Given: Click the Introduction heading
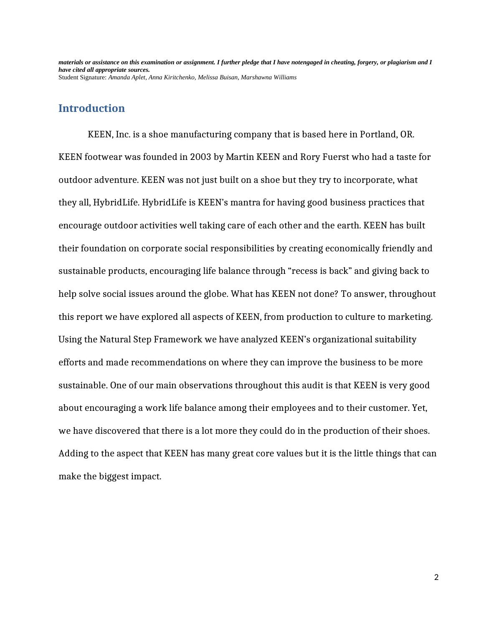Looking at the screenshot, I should coord(91,108).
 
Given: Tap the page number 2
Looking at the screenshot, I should coord(436,577).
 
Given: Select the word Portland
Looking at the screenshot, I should coord(378,134).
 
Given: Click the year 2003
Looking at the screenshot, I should coord(200,157).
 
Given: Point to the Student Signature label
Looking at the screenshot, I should coord(82,77).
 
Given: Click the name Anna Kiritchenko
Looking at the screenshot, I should coord(171,77).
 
